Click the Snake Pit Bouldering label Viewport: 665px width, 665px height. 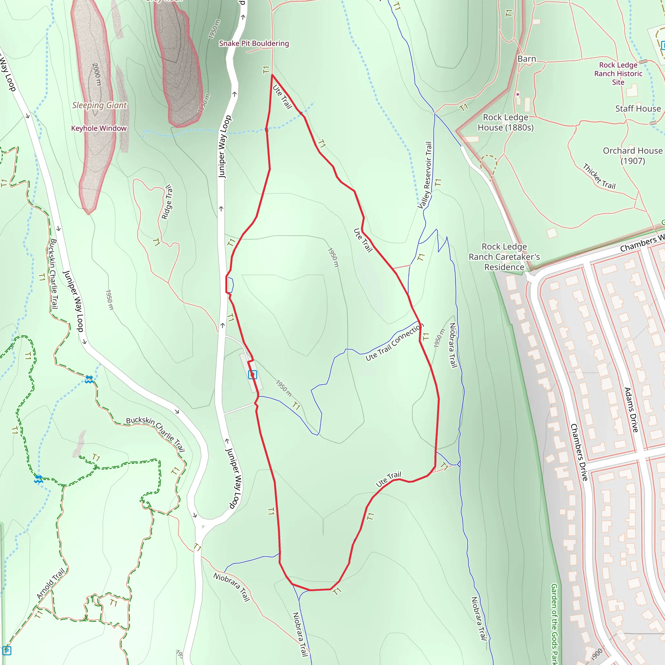(254, 44)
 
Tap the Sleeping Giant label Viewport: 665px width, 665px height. (99, 105)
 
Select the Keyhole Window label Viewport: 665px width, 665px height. (99, 128)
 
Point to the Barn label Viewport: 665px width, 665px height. (527, 59)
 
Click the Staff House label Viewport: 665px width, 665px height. (638, 109)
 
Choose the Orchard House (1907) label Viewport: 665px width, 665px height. (632, 156)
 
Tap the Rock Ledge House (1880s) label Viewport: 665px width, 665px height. (505, 122)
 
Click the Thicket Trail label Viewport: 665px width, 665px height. (599, 177)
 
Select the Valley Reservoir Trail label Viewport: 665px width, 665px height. (425, 176)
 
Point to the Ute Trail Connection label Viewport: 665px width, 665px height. (394, 342)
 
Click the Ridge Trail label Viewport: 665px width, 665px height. (167, 202)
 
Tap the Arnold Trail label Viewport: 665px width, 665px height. (51, 584)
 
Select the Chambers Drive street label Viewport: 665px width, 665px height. (579, 452)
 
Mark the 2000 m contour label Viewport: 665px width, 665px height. (97, 74)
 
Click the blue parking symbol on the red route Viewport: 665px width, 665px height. (252, 374)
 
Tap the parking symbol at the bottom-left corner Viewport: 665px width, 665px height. (7, 650)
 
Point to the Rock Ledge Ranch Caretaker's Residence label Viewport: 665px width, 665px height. (504, 257)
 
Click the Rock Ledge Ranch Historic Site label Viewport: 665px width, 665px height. (618, 74)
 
